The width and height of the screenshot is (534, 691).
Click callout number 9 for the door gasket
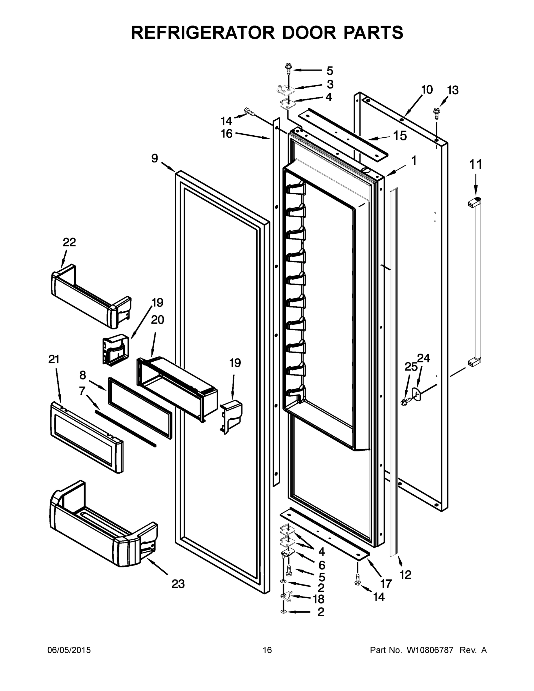154,158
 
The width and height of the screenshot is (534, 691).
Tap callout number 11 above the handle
476,164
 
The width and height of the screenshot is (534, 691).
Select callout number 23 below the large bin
178,584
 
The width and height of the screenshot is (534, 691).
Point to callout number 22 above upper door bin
69,242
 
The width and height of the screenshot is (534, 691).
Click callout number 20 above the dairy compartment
157,320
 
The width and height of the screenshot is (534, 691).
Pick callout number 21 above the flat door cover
54,359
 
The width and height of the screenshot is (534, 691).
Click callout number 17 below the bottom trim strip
386,583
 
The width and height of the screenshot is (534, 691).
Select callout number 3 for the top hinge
330,84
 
